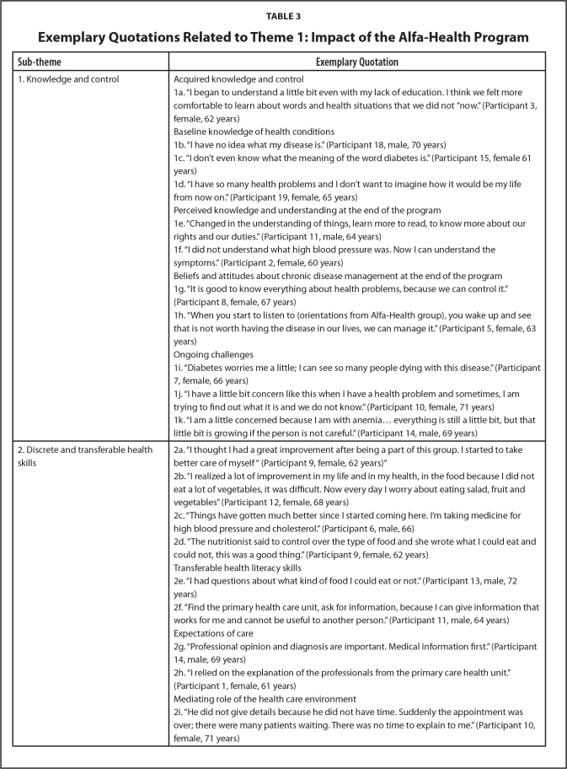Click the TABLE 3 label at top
point(283,14)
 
